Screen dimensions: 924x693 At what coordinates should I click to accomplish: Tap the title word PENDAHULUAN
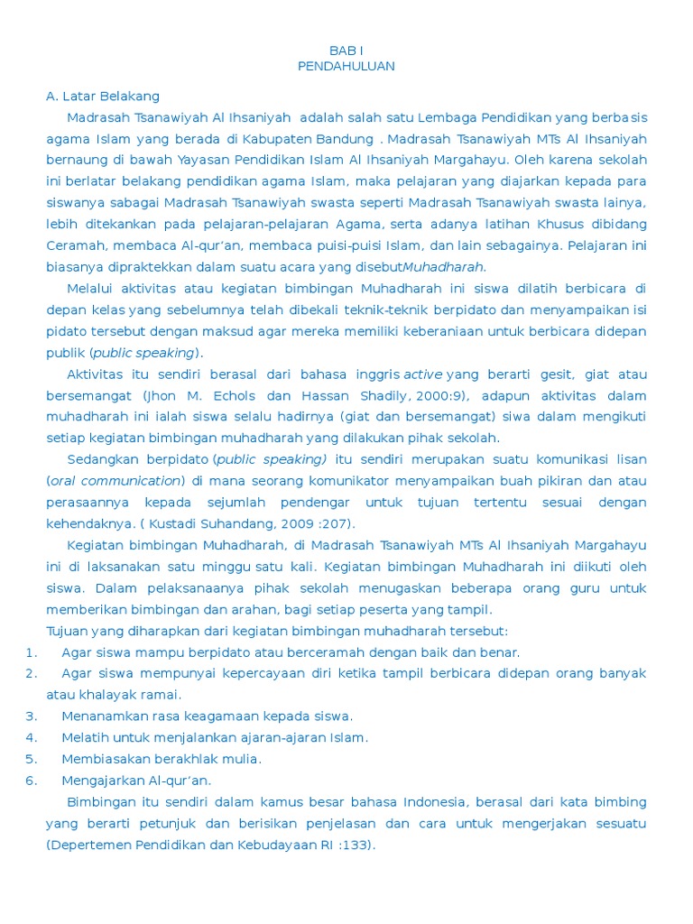click(346, 66)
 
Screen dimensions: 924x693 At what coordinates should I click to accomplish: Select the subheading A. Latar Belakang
click(103, 97)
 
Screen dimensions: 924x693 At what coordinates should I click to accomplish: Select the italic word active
click(422, 374)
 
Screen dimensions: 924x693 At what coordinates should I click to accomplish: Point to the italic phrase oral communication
click(115, 481)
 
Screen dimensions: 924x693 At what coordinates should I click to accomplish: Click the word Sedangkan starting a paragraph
click(102, 459)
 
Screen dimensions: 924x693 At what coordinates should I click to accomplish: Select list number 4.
click(31, 737)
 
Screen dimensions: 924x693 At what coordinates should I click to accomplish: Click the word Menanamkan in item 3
click(106, 716)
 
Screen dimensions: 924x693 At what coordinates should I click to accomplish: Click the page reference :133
click(353, 845)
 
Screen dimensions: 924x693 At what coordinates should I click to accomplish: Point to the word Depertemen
click(90, 845)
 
